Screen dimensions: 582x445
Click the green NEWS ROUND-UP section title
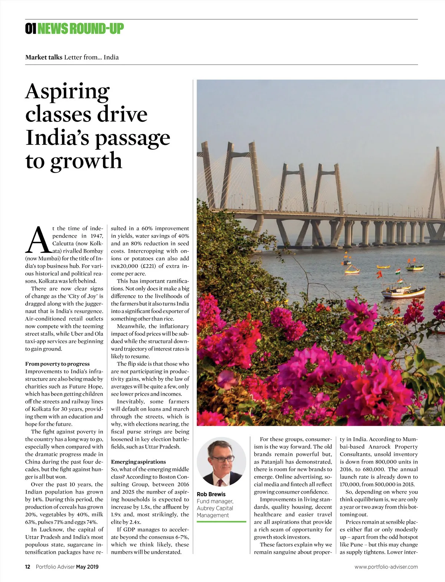pyautogui.click(x=80, y=29)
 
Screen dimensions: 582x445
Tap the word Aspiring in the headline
pyautogui.click(x=67, y=91)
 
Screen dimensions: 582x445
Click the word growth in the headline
pyautogui.click(x=86, y=160)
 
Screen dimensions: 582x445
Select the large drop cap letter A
pyautogui.click(x=38, y=240)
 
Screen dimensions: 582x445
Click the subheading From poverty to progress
pyautogui.click(x=57, y=364)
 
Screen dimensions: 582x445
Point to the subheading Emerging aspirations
pyautogui.click(x=138, y=462)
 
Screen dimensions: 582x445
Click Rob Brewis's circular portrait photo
pyautogui.click(x=221, y=462)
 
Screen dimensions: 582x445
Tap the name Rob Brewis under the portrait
pyautogui.click(x=211, y=494)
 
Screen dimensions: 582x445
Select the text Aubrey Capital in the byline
pyautogui.click(x=215, y=508)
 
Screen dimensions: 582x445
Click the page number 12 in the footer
pyautogui.click(x=27, y=567)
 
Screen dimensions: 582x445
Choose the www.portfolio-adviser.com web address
pyautogui.click(x=386, y=567)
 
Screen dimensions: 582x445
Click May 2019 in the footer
pyautogui.click(x=88, y=567)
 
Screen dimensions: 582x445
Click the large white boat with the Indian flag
pyautogui.click(x=403, y=291)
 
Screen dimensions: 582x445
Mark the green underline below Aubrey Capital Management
pyautogui.click(x=221, y=522)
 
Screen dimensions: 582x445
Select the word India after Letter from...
pyautogui.click(x=111, y=57)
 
